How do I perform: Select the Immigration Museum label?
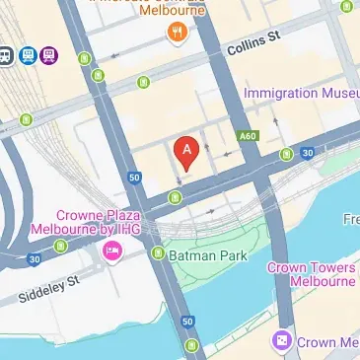tap(301, 93)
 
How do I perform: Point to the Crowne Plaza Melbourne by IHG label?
tap(99, 222)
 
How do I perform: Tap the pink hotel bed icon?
tap(112, 253)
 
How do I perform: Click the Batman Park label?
tap(207, 253)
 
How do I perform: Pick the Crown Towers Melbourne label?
tap(314, 274)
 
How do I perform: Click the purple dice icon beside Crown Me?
tap(282, 341)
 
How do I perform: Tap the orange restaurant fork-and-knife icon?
tap(178, 32)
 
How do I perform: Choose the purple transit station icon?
tap(49, 55)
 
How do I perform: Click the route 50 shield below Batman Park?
tap(187, 322)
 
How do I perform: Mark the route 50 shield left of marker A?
tap(134, 178)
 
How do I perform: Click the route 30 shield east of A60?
tap(308, 153)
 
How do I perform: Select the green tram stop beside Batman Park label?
tap(158, 253)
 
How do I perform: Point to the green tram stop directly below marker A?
tap(176, 198)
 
